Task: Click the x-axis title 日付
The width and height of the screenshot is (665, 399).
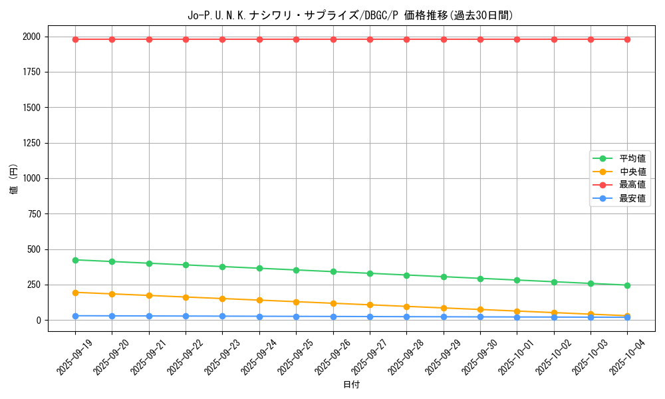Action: pos(351,385)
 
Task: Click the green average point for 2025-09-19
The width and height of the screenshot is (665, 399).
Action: pos(75,260)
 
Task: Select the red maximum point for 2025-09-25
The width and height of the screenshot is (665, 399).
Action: pos(297,39)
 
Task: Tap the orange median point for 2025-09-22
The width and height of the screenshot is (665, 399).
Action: pos(186,297)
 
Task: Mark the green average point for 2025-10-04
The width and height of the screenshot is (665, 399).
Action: pos(627,285)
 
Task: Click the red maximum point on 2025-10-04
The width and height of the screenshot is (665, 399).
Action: pos(627,39)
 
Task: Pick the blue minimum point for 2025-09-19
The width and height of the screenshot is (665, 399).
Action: pos(75,316)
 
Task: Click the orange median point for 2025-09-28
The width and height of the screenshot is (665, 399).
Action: pos(406,307)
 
